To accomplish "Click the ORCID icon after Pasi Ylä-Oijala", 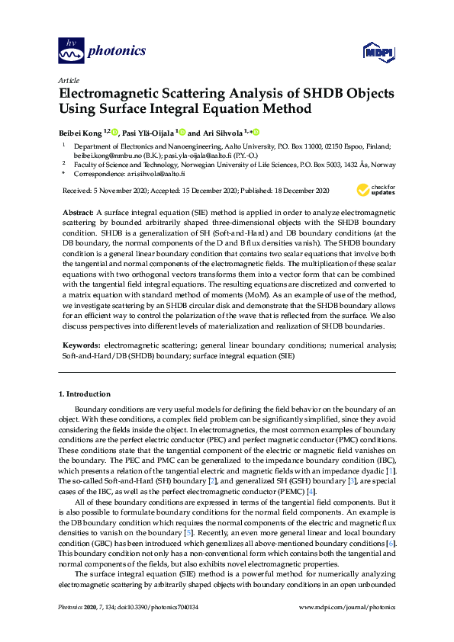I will (x=180, y=131).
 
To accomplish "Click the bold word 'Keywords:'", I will (x=80, y=345).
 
